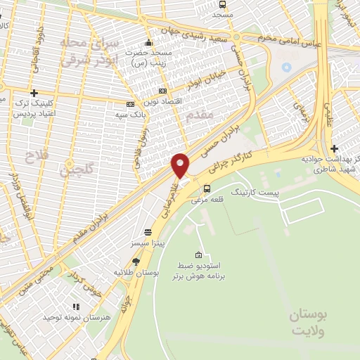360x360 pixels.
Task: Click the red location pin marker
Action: (181, 165)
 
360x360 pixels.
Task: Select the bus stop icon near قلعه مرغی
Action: (207, 188)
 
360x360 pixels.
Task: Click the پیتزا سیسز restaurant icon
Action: (148, 231)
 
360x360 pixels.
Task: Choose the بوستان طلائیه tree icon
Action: (136, 262)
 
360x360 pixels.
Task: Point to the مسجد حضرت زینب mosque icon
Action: (148, 41)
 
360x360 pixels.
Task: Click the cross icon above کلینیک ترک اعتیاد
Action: (34, 93)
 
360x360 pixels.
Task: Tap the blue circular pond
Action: (286, 68)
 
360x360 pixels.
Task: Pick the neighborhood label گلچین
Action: (75, 169)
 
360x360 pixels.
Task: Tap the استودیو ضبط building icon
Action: (200, 255)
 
